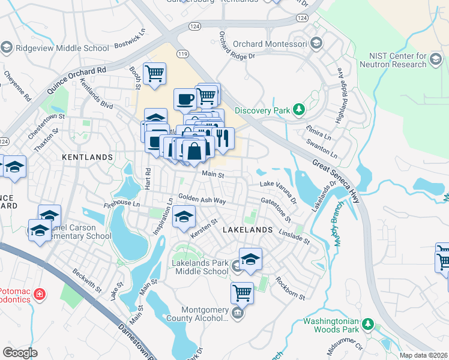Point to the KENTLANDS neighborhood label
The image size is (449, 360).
pyautogui.click(x=88, y=157)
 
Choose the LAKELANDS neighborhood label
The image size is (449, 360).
pyautogui.click(x=247, y=230)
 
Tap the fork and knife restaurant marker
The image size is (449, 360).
pyautogui.click(x=223, y=138)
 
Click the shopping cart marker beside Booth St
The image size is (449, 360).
pyautogui.click(x=154, y=74)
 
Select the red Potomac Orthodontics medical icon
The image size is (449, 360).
pyautogui.click(x=39, y=294)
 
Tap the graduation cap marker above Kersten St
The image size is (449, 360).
pyautogui.click(x=184, y=217)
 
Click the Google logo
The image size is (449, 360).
pyautogui.click(x=20, y=353)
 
